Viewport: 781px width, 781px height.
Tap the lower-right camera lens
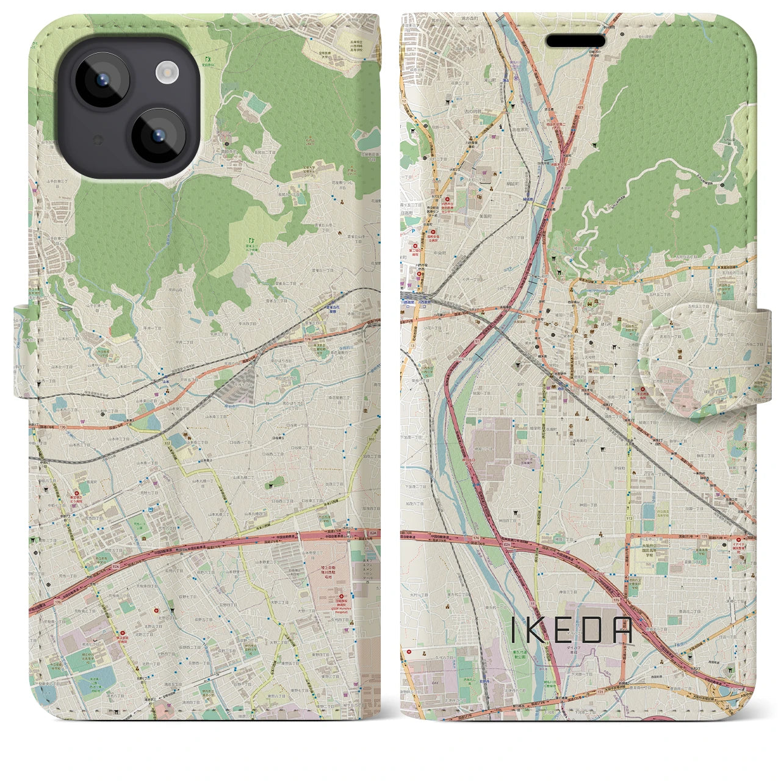click(x=158, y=135)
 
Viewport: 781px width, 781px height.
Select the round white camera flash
click(x=166, y=73)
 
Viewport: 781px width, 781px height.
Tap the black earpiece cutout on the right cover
click(x=575, y=41)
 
